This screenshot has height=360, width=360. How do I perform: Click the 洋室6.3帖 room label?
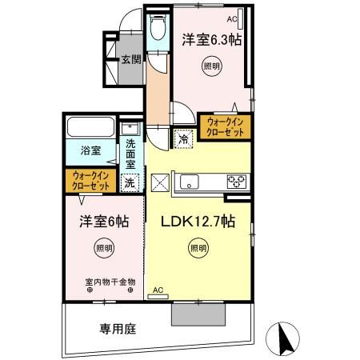click(x=212, y=38)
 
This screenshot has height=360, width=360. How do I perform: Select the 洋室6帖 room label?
click(x=101, y=222)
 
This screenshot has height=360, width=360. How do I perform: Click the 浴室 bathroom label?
click(x=90, y=150)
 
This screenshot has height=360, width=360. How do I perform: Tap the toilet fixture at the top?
click(x=157, y=28)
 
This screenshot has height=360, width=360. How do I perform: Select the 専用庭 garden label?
click(x=115, y=328)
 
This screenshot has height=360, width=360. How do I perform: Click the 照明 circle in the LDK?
click(x=198, y=249)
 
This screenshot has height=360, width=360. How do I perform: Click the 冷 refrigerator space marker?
click(x=183, y=138)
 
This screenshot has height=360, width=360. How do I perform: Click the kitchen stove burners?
click(x=236, y=179)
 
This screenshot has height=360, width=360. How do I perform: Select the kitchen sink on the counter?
click(x=190, y=179)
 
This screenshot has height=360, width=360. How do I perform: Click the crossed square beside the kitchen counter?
click(x=160, y=181)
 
